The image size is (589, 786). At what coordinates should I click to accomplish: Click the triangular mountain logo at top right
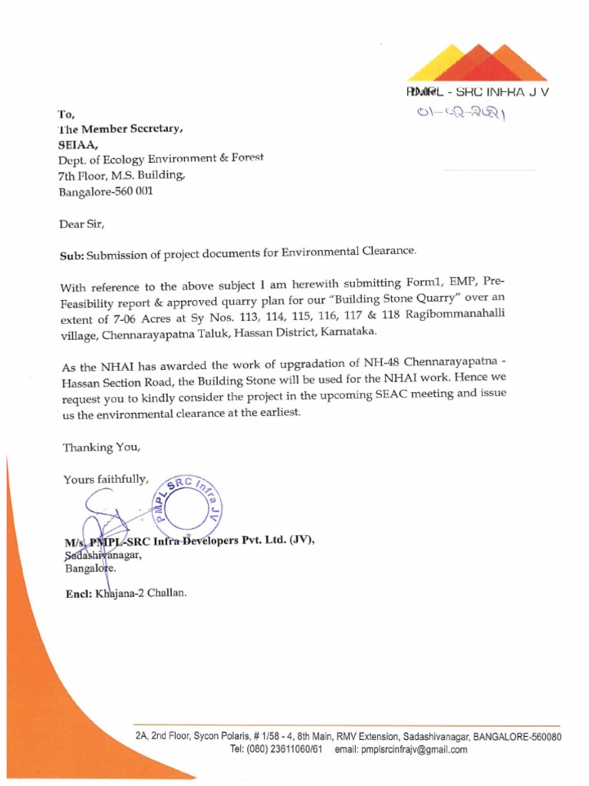[476, 63]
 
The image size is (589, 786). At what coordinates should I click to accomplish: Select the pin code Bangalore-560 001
[106, 191]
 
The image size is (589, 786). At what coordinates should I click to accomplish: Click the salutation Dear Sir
[81, 224]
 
